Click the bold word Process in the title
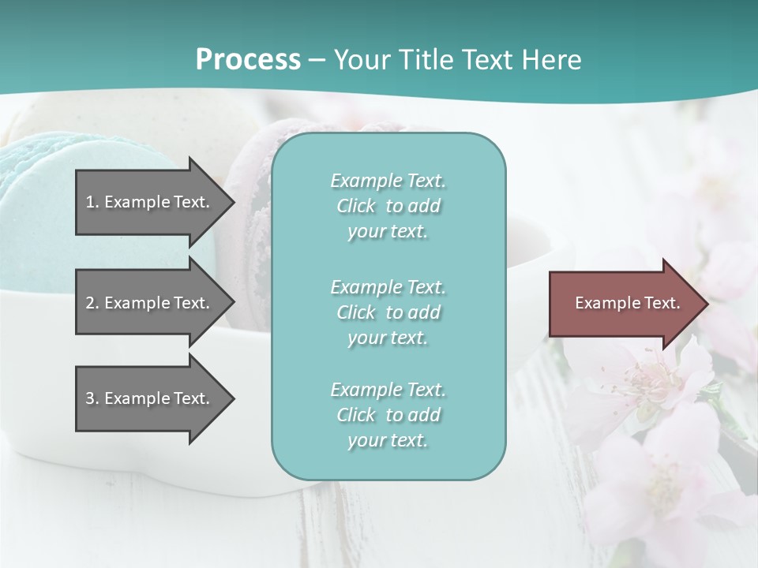pyautogui.click(x=248, y=59)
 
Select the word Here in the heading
pyautogui.click(x=550, y=59)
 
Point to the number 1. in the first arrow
pyautogui.click(x=92, y=202)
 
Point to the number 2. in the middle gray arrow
pyautogui.click(x=92, y=303)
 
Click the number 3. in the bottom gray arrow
pyautogui.click(x=92, y=398)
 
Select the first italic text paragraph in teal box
pyautogui.click(x=388, y=206)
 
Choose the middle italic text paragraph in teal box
pyautogui.click(x=388, y=312)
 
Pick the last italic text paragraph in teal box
pyautogui.click(x=388, y=415)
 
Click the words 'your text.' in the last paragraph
pyautogui.click(x=388, y=441)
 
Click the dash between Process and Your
pyautogui.click(x=317, y=60)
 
